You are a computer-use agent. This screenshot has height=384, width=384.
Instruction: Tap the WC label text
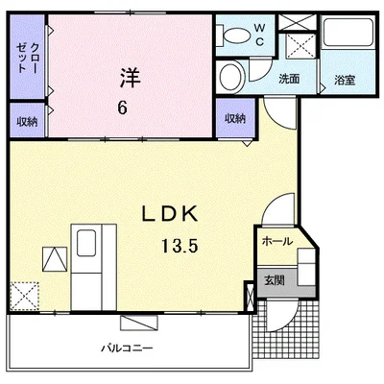[x=259, y=35]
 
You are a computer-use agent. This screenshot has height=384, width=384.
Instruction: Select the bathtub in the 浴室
[x=348, y=32]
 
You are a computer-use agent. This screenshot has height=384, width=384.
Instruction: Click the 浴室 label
[x=345, y=80]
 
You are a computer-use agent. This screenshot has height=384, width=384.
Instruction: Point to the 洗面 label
[x=289, y=79]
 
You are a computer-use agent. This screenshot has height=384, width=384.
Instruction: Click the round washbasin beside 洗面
[x=230, y=77]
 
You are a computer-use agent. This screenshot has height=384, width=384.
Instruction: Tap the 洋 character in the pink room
[x=131, y=78]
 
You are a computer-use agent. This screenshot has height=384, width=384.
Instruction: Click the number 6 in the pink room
[x=122, y=108]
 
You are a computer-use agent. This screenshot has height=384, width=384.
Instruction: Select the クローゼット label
[x=27, y=58]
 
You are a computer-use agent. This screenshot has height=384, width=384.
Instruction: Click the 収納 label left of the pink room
[x=27, y=122]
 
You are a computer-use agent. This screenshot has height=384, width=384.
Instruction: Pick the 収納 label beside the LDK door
[x=235, y=118]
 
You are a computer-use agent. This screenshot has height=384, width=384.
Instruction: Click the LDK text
[x=170, y=214]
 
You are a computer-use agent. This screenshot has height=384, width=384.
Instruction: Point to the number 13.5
[x=180, y=246]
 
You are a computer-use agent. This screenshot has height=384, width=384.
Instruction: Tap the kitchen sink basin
[x=86, y=243]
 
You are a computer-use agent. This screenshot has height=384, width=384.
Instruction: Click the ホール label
[x=277, y=241]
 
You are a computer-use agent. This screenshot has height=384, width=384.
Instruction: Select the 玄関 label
[x=275, y=280]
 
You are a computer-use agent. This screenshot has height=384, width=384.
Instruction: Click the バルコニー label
[x=127, y=348]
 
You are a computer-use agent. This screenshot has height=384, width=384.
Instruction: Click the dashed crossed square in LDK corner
[x=25, y=296]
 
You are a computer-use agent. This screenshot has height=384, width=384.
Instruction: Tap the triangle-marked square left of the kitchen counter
[x=55, y=259]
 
